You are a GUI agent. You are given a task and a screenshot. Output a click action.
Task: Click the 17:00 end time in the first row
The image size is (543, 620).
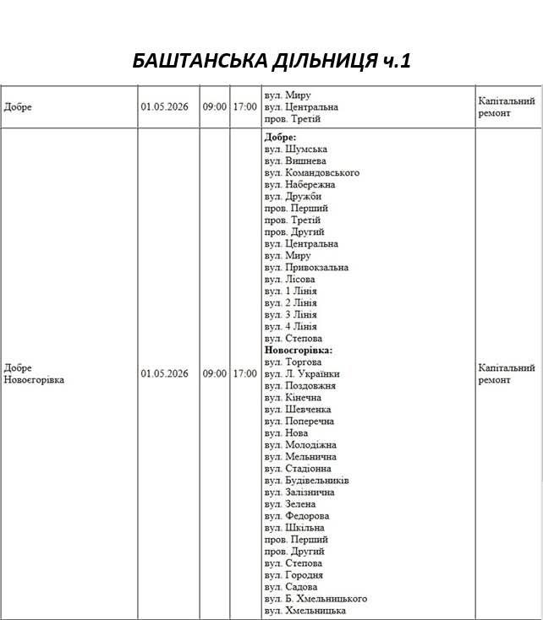click(244, 107)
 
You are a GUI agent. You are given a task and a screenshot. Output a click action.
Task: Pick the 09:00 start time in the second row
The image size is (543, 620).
click(214, 373)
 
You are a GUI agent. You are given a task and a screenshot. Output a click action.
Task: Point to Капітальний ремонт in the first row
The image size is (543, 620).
click(506, 107)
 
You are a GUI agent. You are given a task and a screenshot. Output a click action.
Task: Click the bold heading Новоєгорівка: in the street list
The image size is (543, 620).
click(299, 350)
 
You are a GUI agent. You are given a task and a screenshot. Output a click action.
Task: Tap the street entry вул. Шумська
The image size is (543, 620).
click(295, 149)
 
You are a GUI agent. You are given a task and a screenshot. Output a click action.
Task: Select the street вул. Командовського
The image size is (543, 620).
click(311, 172)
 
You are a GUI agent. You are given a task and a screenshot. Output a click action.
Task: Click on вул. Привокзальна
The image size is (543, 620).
click(306, 267)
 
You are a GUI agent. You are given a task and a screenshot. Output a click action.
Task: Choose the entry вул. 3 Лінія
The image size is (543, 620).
click(290, 314)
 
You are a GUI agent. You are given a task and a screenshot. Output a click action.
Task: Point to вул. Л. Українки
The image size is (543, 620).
click(302, 373)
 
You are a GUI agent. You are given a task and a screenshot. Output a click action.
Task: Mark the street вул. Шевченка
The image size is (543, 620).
click(297, 409)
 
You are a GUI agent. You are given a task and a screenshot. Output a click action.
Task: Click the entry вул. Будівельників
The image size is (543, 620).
click(306, 480)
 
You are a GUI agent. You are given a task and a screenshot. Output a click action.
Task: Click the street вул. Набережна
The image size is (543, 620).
click(299, 184)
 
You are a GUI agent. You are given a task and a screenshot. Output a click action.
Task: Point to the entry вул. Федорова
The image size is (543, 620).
click(296, 515)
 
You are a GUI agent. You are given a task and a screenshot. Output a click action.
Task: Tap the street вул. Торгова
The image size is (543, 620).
click(293, 362)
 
